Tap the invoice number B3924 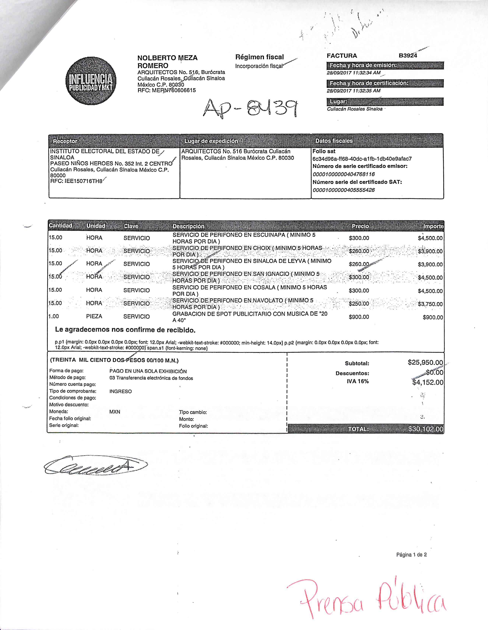coord(408,56)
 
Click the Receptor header coord(65,141)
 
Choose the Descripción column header coord(188,226)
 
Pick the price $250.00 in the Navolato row coord(359,304)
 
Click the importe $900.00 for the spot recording coord(433,317)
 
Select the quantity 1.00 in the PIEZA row coord(54,316)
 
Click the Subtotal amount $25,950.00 coord(425,363)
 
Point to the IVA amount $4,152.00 coord(427,383)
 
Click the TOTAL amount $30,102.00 coord(425,429)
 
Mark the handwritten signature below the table coord(95,465)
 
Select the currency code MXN coord(115,412)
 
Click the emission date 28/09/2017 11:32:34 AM coord(353,73)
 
